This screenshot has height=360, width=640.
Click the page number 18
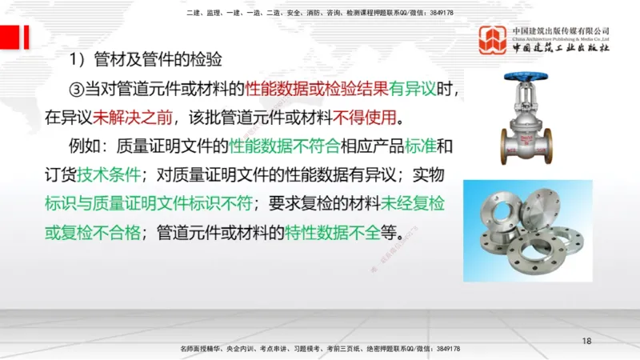pos(586,342)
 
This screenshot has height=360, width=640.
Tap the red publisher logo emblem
pos(494,41)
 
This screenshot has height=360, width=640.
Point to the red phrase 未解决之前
pos(123,118)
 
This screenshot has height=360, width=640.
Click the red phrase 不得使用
pos(365,118)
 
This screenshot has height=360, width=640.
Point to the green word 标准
pos(422,146)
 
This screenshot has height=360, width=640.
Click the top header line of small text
pos(319,13)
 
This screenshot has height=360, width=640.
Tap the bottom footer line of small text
pos(320,349)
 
